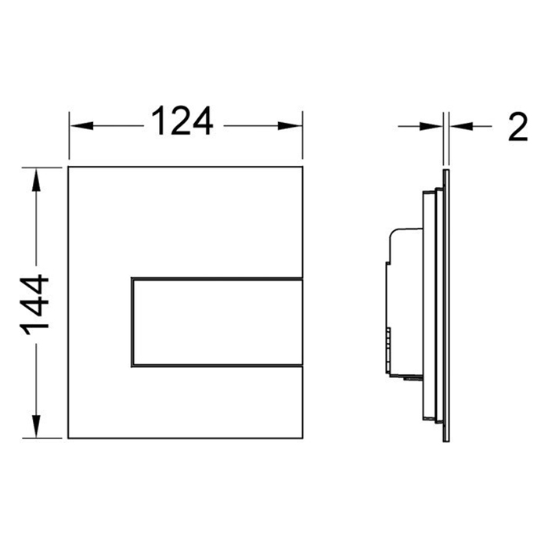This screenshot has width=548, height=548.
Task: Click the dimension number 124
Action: pyautogui.click(x=181, y=123)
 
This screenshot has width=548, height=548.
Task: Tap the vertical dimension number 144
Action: pyautogui.click(x=34, y=305)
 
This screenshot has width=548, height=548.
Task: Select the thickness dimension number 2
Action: pyautogui.click(x=517, y=125)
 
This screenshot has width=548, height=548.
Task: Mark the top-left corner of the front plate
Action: pyautogui.click(x=69, y=168)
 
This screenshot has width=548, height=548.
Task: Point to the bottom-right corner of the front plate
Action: pyautogui.click(x=303, y=439)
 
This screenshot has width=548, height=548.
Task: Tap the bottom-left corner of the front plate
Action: pyautogui.click(x=69, y=439)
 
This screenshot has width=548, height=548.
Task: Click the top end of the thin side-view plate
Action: pyautogui.click(x=445, y=169)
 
